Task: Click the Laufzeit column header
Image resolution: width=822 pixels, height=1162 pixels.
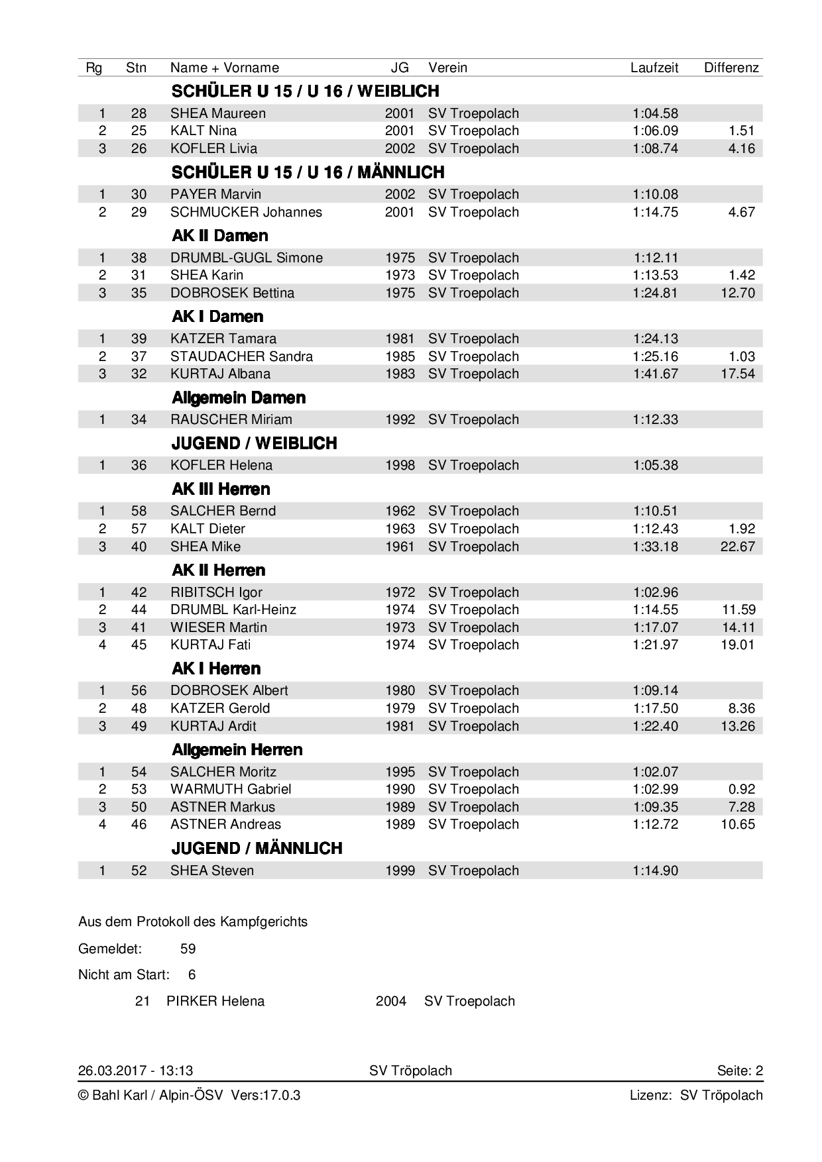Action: point(654,68)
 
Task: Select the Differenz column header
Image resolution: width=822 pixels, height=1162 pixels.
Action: point(731,68)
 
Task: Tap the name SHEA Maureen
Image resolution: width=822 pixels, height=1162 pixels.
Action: point(217,113)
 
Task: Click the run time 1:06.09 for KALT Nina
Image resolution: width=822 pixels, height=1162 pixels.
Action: point(655,131)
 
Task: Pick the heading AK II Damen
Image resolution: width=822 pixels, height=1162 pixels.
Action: point(220,236)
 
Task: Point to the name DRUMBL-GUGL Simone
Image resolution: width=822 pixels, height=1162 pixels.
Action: point(246,258)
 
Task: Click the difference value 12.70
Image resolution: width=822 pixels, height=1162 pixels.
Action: point(737,293)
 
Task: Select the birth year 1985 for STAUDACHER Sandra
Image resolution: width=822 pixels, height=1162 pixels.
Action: point(400,356)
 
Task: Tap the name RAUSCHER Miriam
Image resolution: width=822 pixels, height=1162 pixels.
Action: point(231,419)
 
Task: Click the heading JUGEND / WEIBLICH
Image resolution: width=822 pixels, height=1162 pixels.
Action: point(254,443)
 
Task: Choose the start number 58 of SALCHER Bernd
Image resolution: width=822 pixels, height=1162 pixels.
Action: point(139,511)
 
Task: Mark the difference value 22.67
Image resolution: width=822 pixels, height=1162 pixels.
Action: point(737,547)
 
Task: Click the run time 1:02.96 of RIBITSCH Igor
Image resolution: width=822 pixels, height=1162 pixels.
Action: point(655,592)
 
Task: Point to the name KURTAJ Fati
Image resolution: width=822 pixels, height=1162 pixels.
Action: point(210,645)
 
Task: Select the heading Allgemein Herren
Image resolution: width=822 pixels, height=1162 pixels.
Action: point(237,750)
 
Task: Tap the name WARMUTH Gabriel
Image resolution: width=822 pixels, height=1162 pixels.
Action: point(231,789)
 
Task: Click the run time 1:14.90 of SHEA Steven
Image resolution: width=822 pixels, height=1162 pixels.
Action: point(655,871)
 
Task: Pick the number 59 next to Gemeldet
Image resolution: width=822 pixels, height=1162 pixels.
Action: point(188,949)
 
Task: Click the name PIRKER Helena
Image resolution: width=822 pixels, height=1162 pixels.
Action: point(215,1001)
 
